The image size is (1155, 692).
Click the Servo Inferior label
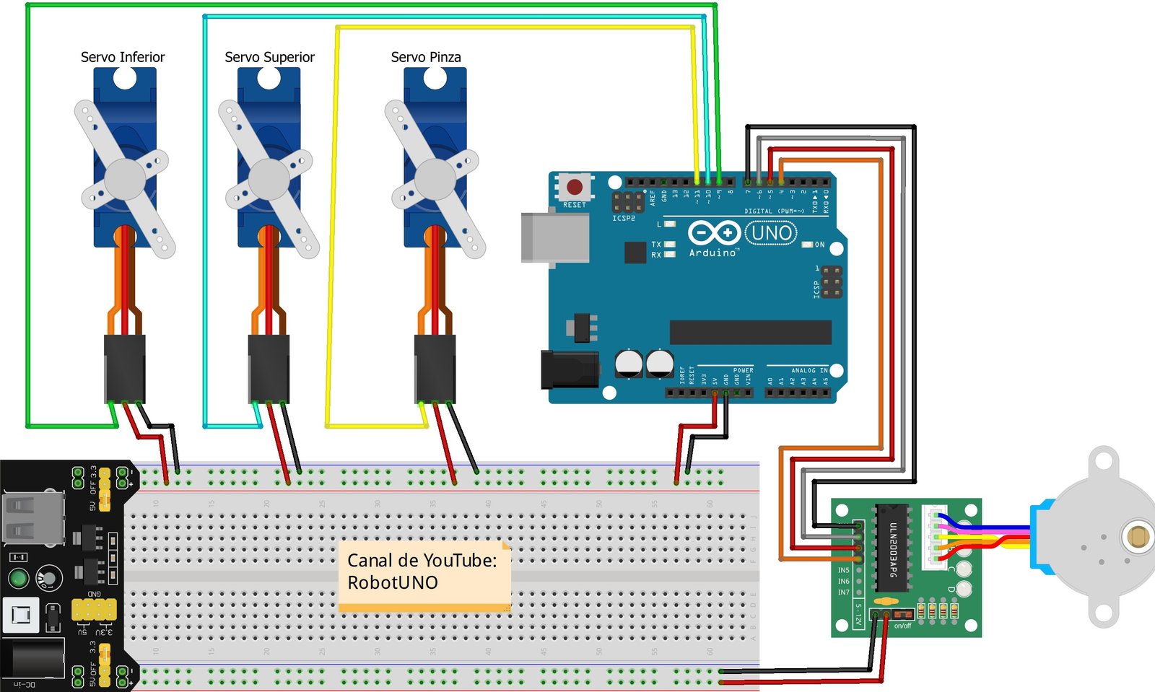click(x=123, y=57)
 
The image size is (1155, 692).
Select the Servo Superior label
click(x=269, y=57)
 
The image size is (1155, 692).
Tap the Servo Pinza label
click(x=426, y=57)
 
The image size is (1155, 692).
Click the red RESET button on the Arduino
click(x=575, y=188)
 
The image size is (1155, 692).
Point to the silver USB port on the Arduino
click(x=553, y=237)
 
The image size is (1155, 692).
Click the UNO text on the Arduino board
click(x=771, y=233)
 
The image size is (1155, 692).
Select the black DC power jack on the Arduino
click(x=569, y=369)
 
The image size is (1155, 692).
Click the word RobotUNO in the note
click(x=393, y=583)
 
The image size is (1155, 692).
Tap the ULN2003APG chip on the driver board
click(x=892, y=548)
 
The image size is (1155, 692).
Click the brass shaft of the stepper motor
click(x=1138, y=537)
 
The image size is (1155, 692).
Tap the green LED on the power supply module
click(x=18, y=578)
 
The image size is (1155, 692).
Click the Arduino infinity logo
click(x=713, y=233)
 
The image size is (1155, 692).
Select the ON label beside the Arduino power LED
click(x=819, y=245)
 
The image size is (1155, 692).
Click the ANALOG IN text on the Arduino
click(x=809, y=370)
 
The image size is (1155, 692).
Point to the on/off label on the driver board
click(x=902, y=626)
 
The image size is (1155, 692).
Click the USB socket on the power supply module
click(x=32, y=517)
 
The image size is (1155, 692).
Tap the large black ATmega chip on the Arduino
click(x=750, y=332)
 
